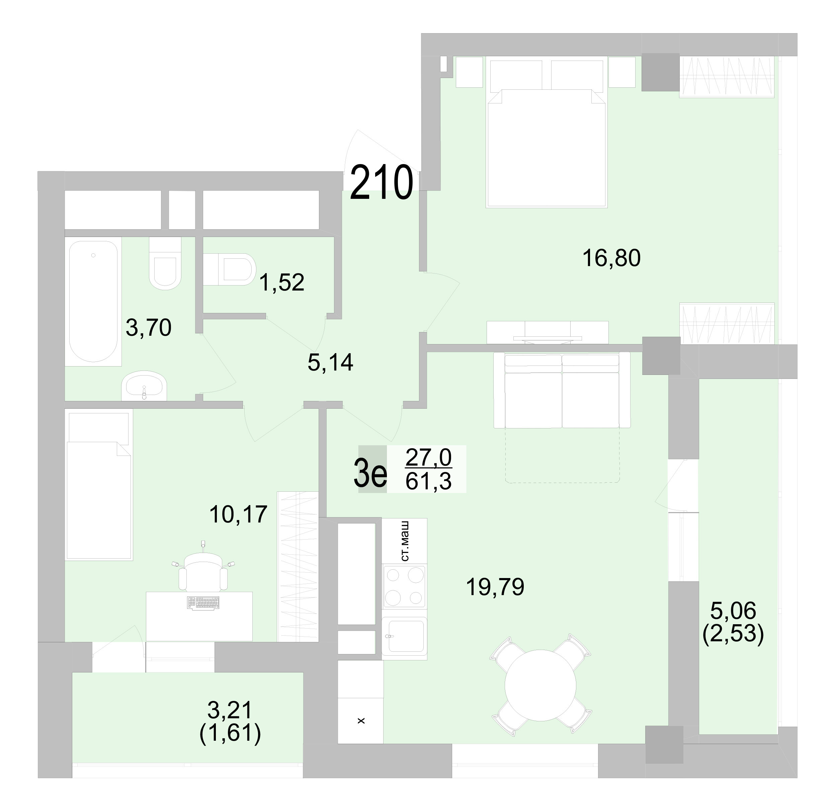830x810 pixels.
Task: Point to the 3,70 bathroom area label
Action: (149, 328)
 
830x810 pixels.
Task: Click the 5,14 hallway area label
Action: (330, 362)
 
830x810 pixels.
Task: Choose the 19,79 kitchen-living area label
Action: (495, 587)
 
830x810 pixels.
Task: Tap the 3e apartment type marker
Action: (370, 476)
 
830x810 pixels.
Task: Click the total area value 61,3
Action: (428, 482)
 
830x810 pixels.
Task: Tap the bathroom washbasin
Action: (144, 386)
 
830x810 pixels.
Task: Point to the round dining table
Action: (540, 685)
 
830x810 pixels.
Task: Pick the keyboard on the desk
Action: (203, 603)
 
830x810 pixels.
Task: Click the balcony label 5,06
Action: (733, 611)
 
